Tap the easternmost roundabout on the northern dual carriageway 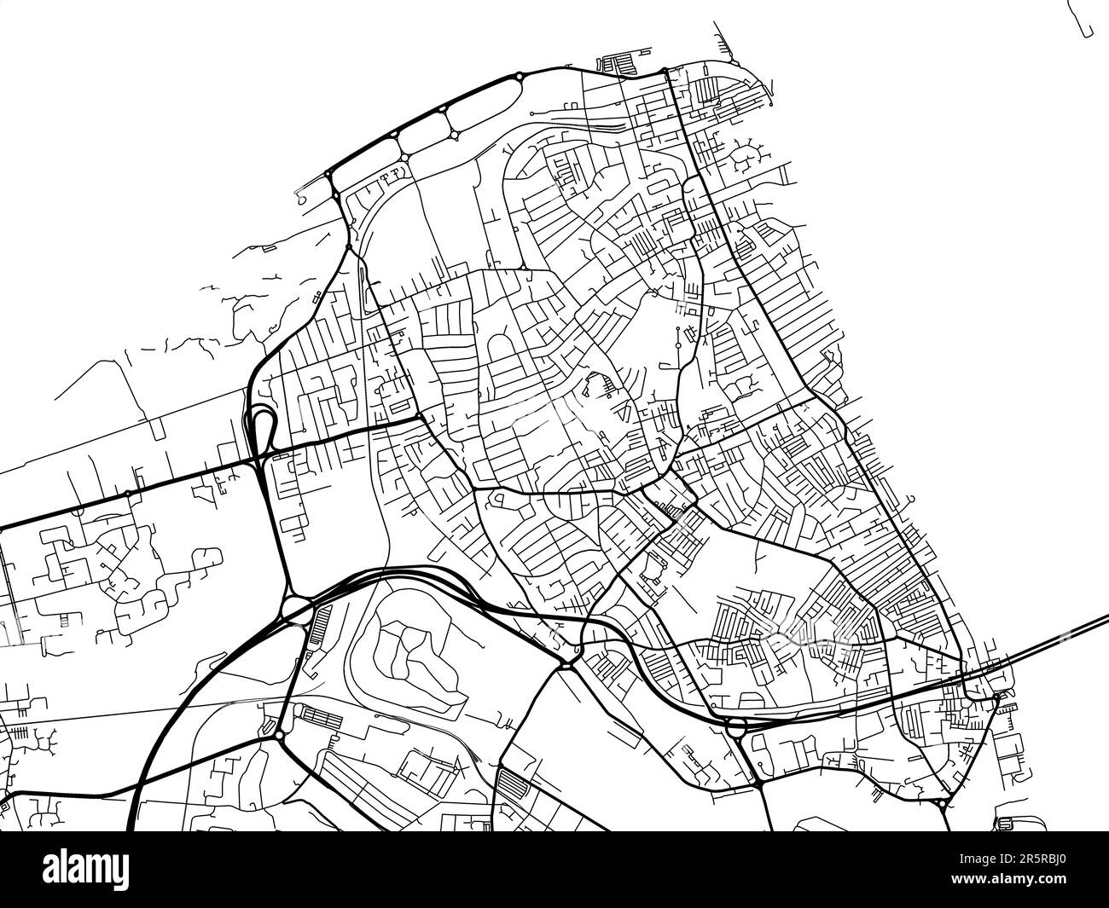pos(519,78)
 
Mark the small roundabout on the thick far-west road pos(127,494)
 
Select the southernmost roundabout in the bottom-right pos(941,803)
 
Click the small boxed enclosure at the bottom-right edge pos(1004,824)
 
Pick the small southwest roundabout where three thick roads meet pos(279,734)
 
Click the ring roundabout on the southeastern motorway pos(734,726)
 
